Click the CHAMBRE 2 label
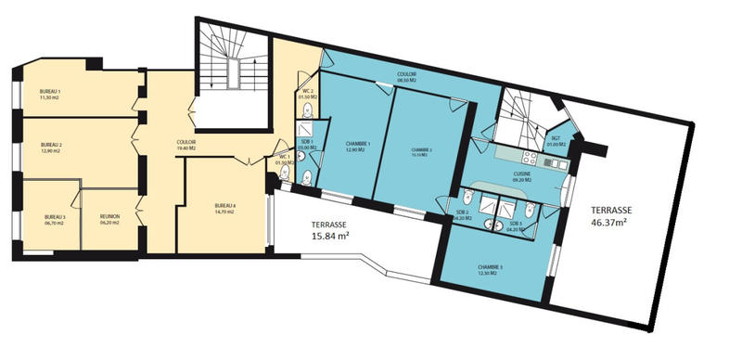[x=423, y=149]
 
